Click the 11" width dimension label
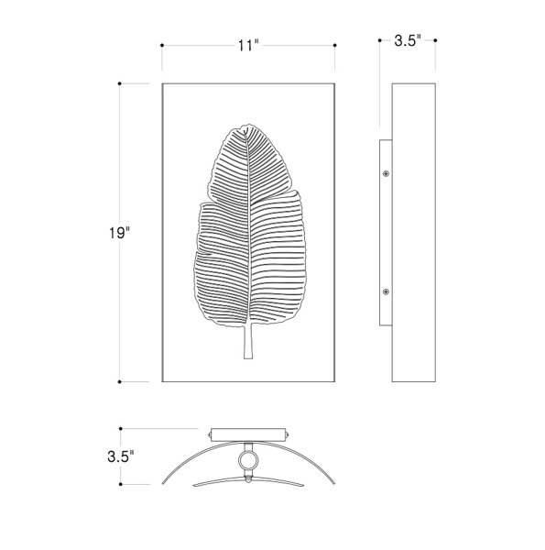click(x=248, y=45)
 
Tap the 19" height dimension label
click(x=119, y=233)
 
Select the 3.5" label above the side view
click(x=408, y=40)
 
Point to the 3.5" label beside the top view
click(x=121, y=456)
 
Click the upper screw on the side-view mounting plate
click(x=386, y=173)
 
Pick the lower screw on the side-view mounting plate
click(x=386, y=291)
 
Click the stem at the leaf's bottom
click(x=248, y=341)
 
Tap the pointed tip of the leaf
click(x=247, y=127)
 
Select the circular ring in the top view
click(x=248, y=460)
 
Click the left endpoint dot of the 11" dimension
click(x=162, y=45)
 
